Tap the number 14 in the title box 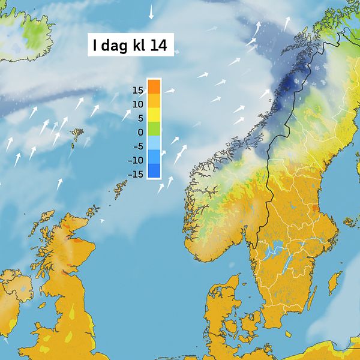click(158, 45)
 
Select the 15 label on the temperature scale click(137, 91)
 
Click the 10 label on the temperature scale click(137, 104)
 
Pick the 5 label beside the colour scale click(140, 118)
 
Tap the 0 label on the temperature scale click(140, 132)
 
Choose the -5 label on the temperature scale click(138, 146)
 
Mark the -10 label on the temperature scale click(136, 160)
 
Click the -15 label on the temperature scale click(136, 174)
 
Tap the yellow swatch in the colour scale click(154, 115)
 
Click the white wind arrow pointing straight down click(151, 11)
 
